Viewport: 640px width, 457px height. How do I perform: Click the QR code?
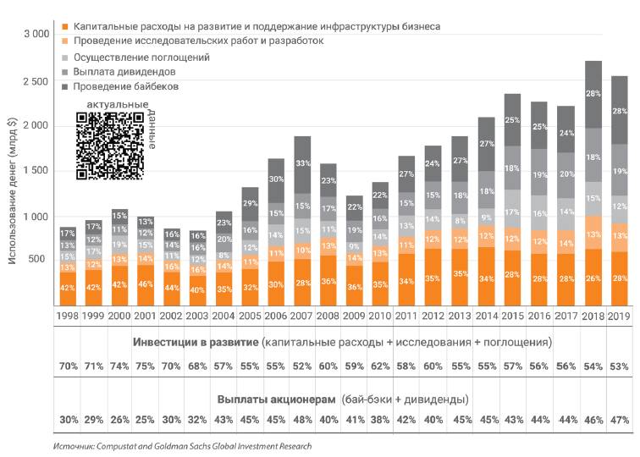point(109,146)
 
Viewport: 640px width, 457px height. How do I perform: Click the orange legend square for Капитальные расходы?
point(66,27)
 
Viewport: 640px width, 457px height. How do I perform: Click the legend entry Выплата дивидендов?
point(124,72)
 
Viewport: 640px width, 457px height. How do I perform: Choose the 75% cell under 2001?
point(145,368)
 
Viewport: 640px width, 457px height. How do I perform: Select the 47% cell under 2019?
point(619,421)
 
